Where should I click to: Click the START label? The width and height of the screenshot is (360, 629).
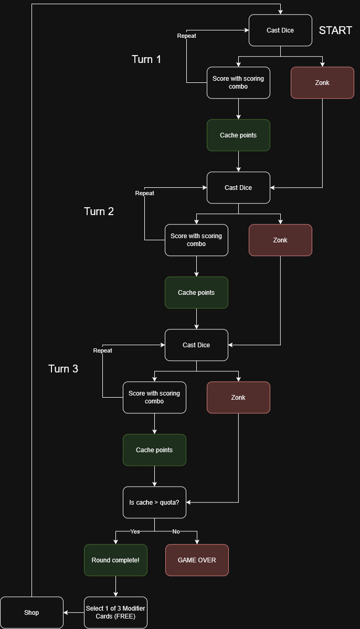335,30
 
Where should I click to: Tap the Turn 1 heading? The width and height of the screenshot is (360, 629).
146,59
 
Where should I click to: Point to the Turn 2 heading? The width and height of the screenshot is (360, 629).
99,211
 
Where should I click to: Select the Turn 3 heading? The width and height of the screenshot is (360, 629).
63,369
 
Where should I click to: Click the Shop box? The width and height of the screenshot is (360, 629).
31,612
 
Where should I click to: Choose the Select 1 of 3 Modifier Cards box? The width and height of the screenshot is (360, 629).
115,612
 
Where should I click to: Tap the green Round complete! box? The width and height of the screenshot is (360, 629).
115,560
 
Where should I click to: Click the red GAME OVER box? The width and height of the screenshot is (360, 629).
197,560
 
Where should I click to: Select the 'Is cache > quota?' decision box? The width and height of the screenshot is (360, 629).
154,502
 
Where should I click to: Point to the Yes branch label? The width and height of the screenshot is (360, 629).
135,531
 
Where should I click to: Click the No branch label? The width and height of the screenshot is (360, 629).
176,531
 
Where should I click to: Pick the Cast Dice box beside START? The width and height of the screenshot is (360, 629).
280,30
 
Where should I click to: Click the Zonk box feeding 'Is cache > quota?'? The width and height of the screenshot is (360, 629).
238,397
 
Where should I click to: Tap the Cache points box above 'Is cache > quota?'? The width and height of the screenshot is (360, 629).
154,450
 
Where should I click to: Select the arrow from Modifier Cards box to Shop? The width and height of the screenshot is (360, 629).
73,612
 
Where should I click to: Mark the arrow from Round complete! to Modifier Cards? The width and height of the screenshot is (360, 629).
115,586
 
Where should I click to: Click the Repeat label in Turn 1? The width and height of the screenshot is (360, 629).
187,36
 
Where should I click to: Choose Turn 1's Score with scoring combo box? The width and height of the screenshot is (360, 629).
238,82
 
